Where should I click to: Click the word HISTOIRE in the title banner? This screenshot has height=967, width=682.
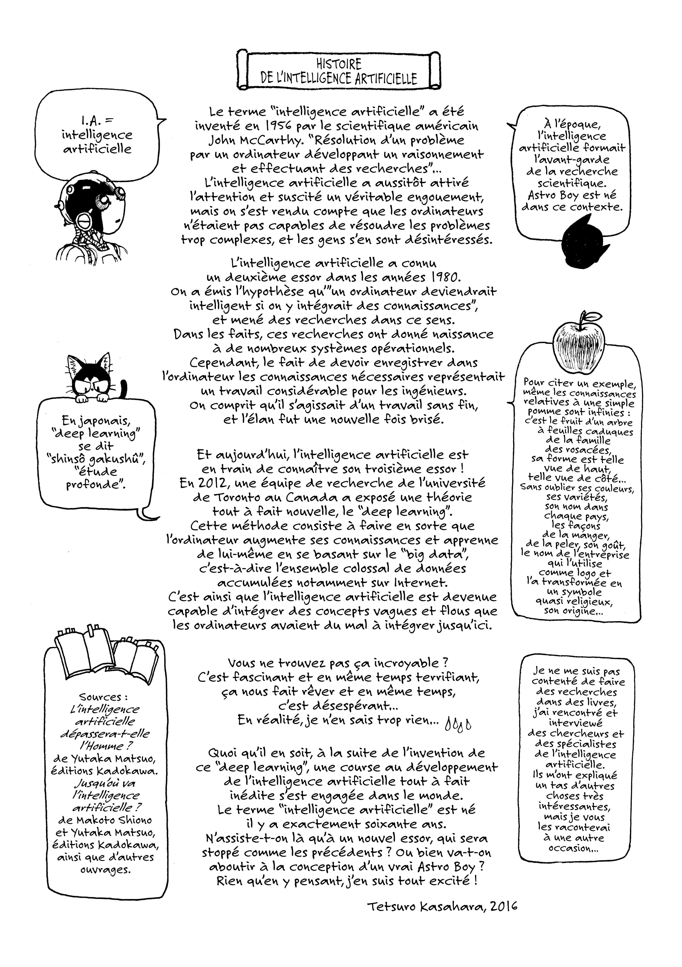339,64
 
